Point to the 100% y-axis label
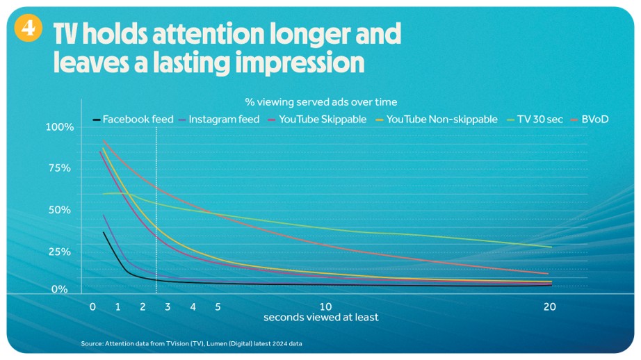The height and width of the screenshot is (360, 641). click(59, 127)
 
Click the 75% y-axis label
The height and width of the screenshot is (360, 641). click(60, 168)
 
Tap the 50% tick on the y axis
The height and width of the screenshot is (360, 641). click(60, 210)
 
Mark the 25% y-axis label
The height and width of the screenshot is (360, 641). click(60, 252)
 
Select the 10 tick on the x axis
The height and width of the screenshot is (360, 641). click(325, 306)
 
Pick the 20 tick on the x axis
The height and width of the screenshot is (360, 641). click(549, 306)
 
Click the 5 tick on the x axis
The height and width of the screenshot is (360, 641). click(218, 306)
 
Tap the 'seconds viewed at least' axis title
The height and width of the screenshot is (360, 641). click(320, 318)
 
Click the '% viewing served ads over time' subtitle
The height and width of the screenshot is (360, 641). click(320, 102)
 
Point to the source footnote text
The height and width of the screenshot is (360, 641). click(191, 343)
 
